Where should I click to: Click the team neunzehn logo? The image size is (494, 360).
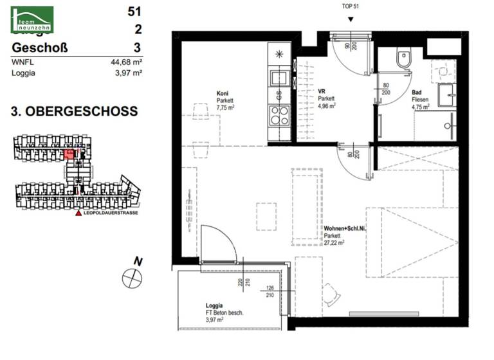pyautogui.click(x=32, y=19)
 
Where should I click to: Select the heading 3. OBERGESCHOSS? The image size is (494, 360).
pyautogui.click(x=75, y=111)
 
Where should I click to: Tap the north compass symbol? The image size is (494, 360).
pyautogui.click(x=131, y=276)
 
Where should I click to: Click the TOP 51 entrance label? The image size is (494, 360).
pyautogui.click(x=350, y=6)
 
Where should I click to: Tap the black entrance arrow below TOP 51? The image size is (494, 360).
pyautogui.click(x=350, y=19)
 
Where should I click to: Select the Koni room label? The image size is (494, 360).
pyautogui.click(x=223, y=93)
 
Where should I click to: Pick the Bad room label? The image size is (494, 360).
pyautogui.click(x=416, y=92)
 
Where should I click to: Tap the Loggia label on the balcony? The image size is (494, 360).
pyautogui.click(x=214, y=305)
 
